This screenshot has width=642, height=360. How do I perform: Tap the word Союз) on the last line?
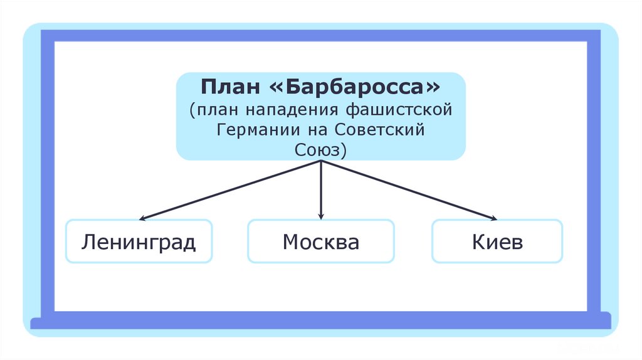[320, 151]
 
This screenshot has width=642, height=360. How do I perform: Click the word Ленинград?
[139, 241]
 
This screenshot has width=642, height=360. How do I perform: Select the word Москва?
[320, 241]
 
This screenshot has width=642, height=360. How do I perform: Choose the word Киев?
[497, 241]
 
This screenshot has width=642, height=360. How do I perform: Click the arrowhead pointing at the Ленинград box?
[143, 219]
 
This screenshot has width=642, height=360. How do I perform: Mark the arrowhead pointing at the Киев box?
[493, 218]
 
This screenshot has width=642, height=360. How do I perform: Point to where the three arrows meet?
[321, 161]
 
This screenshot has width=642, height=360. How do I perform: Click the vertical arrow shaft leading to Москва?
[321, 188]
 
